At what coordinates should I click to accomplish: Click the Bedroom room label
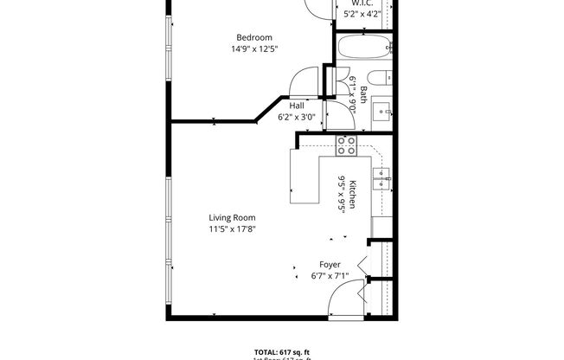coord(255,37)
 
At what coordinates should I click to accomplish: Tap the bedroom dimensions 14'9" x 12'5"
coord(255,49)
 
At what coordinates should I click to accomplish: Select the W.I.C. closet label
coord(362,3)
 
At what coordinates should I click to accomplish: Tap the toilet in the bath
coord(383,77)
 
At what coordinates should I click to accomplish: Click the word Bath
coord(364,95)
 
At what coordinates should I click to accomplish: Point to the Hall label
coord(297,106)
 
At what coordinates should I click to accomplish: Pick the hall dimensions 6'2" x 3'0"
coord(297,117)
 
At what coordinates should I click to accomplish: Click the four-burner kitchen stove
coord(347,146)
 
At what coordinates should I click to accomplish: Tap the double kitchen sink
coord(383,180)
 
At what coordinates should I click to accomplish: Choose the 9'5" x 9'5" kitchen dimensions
coord(342,194)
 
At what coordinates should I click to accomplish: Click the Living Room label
coord(232,217)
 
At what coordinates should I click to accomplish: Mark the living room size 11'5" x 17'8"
coord(232,229)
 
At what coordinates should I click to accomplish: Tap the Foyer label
coord(330,264)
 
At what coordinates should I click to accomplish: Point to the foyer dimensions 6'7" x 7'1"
coord(330,276)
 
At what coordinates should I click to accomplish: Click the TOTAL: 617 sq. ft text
coord(282,351)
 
